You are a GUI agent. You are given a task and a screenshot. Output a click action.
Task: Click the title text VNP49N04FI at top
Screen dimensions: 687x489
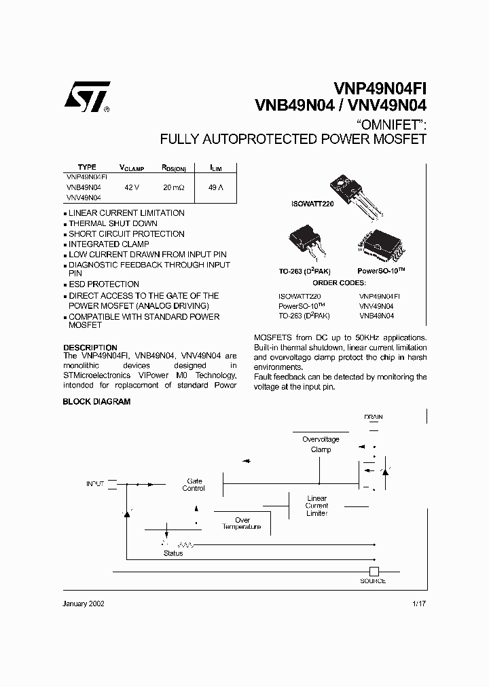click(380, 89)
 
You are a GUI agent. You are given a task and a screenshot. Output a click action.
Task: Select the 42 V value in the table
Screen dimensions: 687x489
click(132, 186)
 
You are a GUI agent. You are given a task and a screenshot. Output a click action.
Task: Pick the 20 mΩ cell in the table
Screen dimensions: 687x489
click(173, 186)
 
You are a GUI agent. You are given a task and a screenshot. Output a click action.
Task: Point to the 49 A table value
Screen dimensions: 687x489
click(216, 186)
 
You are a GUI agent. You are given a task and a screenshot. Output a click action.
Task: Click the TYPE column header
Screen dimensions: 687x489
click(87, 167)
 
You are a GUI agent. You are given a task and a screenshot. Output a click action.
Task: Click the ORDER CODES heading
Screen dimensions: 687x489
click(339, 282)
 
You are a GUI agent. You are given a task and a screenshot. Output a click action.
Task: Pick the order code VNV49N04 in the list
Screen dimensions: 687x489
click(376, 306)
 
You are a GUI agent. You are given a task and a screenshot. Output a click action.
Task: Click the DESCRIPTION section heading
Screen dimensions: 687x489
click(90, 348)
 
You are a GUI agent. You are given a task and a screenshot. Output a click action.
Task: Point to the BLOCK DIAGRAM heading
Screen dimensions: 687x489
click(96, 402)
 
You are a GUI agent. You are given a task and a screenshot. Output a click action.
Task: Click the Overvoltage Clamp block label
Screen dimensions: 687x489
click(321, 444)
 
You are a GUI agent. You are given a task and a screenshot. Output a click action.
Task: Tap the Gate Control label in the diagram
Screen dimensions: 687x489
click(194, 484)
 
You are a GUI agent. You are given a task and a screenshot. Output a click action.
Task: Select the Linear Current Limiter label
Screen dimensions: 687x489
click(316, 506)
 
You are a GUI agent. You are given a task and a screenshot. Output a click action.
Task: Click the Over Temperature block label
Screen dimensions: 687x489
click(242, 523)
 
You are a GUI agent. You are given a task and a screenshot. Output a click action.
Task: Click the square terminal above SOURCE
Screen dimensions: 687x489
click(373, 572)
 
